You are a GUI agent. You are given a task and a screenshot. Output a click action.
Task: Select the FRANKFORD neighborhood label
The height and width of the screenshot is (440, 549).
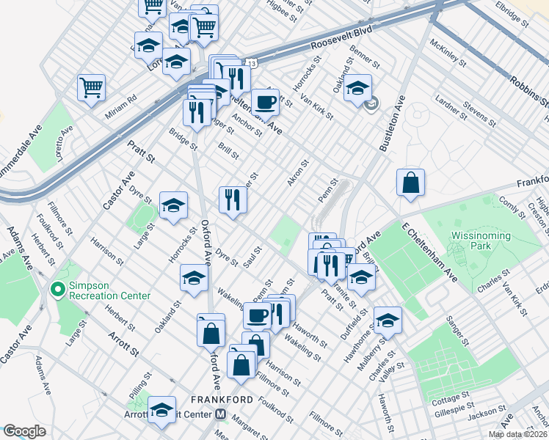222,400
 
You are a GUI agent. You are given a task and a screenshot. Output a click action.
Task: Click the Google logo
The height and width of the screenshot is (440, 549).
24,431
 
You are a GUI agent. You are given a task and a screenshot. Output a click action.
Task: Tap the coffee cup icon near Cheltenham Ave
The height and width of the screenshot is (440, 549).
265,102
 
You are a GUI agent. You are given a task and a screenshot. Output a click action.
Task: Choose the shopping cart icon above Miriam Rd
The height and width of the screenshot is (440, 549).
92,87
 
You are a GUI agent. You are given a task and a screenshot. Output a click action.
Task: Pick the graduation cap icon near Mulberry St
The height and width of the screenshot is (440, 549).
388,320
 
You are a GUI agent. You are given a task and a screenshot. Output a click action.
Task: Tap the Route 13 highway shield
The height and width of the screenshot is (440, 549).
252,65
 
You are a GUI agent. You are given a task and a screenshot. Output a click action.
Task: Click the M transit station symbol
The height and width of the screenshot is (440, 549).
220,414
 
